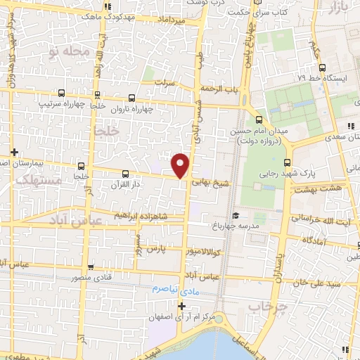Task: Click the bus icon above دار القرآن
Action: [126, 174]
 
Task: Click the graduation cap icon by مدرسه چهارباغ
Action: [235, 216]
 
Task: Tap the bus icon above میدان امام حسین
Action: [258, 119]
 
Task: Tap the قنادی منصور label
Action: [91, 278]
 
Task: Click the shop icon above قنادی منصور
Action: [91, 266]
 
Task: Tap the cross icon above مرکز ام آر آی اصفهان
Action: [181, 306]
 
